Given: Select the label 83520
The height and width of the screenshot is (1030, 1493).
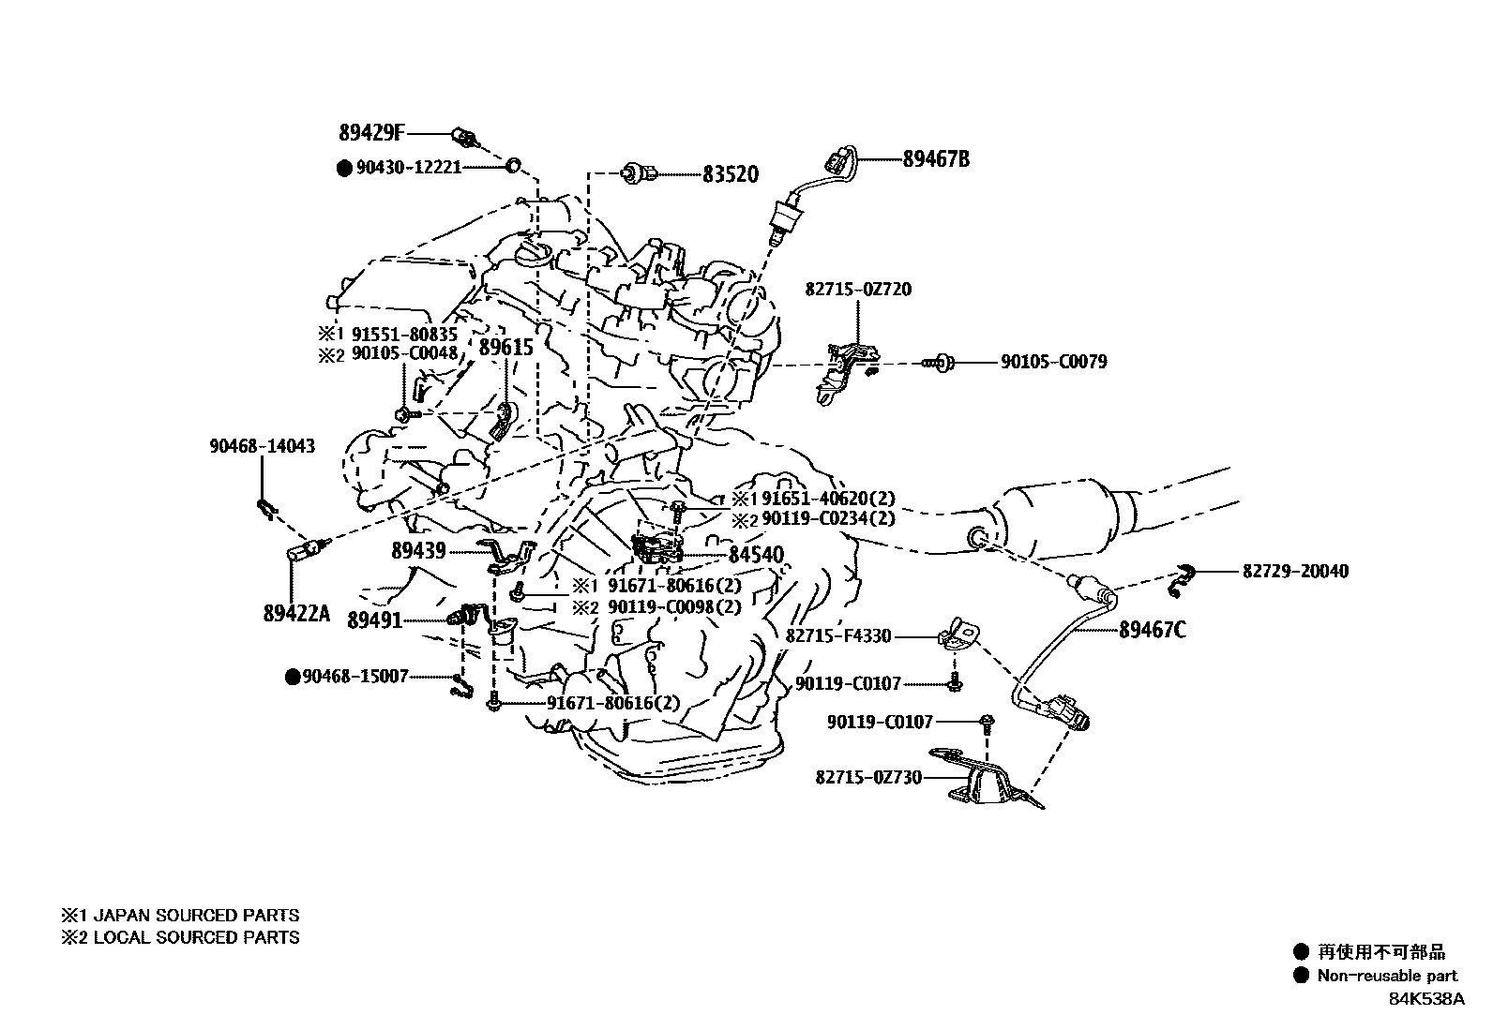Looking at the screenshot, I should (731, 174).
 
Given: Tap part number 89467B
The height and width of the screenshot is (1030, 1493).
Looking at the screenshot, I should (936, 159).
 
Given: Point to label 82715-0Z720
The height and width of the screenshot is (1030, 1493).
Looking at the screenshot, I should (857, 290).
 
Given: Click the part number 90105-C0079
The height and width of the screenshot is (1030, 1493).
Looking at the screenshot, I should (1053, 362).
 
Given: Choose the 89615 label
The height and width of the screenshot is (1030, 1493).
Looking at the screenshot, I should (505, 348).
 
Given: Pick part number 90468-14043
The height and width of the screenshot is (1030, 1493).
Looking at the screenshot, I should (262, 447).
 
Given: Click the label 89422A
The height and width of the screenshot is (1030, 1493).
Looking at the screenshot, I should (296, 613).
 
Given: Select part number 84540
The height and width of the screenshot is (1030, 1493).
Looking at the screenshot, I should (756, 555).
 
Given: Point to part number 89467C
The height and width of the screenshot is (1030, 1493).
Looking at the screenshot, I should (1152, 630).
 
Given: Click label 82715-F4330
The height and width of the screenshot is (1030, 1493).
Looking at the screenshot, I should (837, 636).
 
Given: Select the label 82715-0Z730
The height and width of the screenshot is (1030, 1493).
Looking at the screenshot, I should (867, 777).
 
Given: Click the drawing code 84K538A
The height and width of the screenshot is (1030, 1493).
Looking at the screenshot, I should (1426, 999).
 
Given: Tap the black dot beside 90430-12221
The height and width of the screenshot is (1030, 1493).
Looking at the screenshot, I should (344, 168).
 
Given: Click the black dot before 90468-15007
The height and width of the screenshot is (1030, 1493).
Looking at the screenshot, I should (292, 676).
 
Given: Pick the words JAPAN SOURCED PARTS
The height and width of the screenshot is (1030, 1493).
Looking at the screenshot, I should (196, 916).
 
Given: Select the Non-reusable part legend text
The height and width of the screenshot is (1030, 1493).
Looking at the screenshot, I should (1388, 976).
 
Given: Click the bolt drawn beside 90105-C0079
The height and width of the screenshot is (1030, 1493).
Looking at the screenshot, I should (941, 362).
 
